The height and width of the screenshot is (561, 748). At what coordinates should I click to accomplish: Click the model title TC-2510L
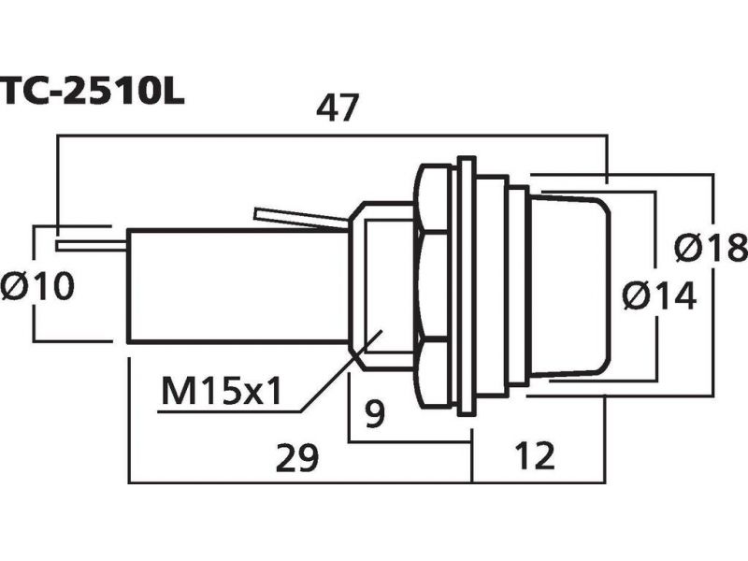pos(92,91)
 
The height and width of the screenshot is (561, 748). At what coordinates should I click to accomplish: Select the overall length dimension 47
pos(337,108)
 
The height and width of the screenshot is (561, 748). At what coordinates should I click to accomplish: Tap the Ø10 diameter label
pos(37,286)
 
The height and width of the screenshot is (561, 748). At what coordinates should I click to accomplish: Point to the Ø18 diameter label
pos(711,248)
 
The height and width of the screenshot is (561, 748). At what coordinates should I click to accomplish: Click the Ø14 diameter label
pos(660,295)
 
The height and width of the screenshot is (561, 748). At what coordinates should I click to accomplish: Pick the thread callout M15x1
pos(222,390)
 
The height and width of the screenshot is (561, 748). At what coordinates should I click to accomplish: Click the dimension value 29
pos(296,457)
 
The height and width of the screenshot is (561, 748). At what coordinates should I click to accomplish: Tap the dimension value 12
pos(535,455)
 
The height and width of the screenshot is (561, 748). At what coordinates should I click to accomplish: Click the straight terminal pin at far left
pos(92,246)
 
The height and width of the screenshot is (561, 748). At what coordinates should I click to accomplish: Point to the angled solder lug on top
pos(301,219)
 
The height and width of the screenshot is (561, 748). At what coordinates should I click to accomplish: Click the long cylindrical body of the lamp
pos(237,286)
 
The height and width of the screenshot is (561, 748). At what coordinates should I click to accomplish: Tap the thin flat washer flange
pos(467,286)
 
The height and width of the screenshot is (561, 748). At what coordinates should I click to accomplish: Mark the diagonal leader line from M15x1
pos(341,369)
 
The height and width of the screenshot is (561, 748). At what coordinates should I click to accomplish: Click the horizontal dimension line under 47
pos(332,136)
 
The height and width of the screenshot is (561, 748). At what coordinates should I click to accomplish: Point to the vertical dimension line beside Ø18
pos(713,285)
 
